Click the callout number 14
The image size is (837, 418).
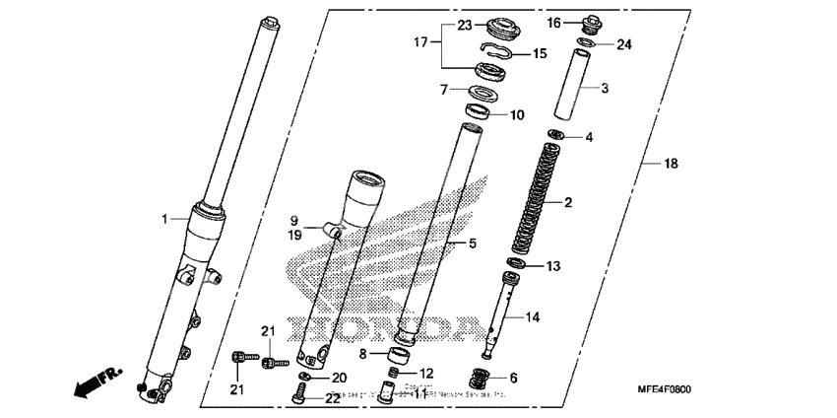tap(533, 317)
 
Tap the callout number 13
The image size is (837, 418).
tap(553, 266)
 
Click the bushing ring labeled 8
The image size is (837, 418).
tap(401, 354)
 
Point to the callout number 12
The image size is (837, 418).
tap(425, 373)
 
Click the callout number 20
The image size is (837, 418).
tap(339, 379)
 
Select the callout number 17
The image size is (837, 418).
tap(421, 42)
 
